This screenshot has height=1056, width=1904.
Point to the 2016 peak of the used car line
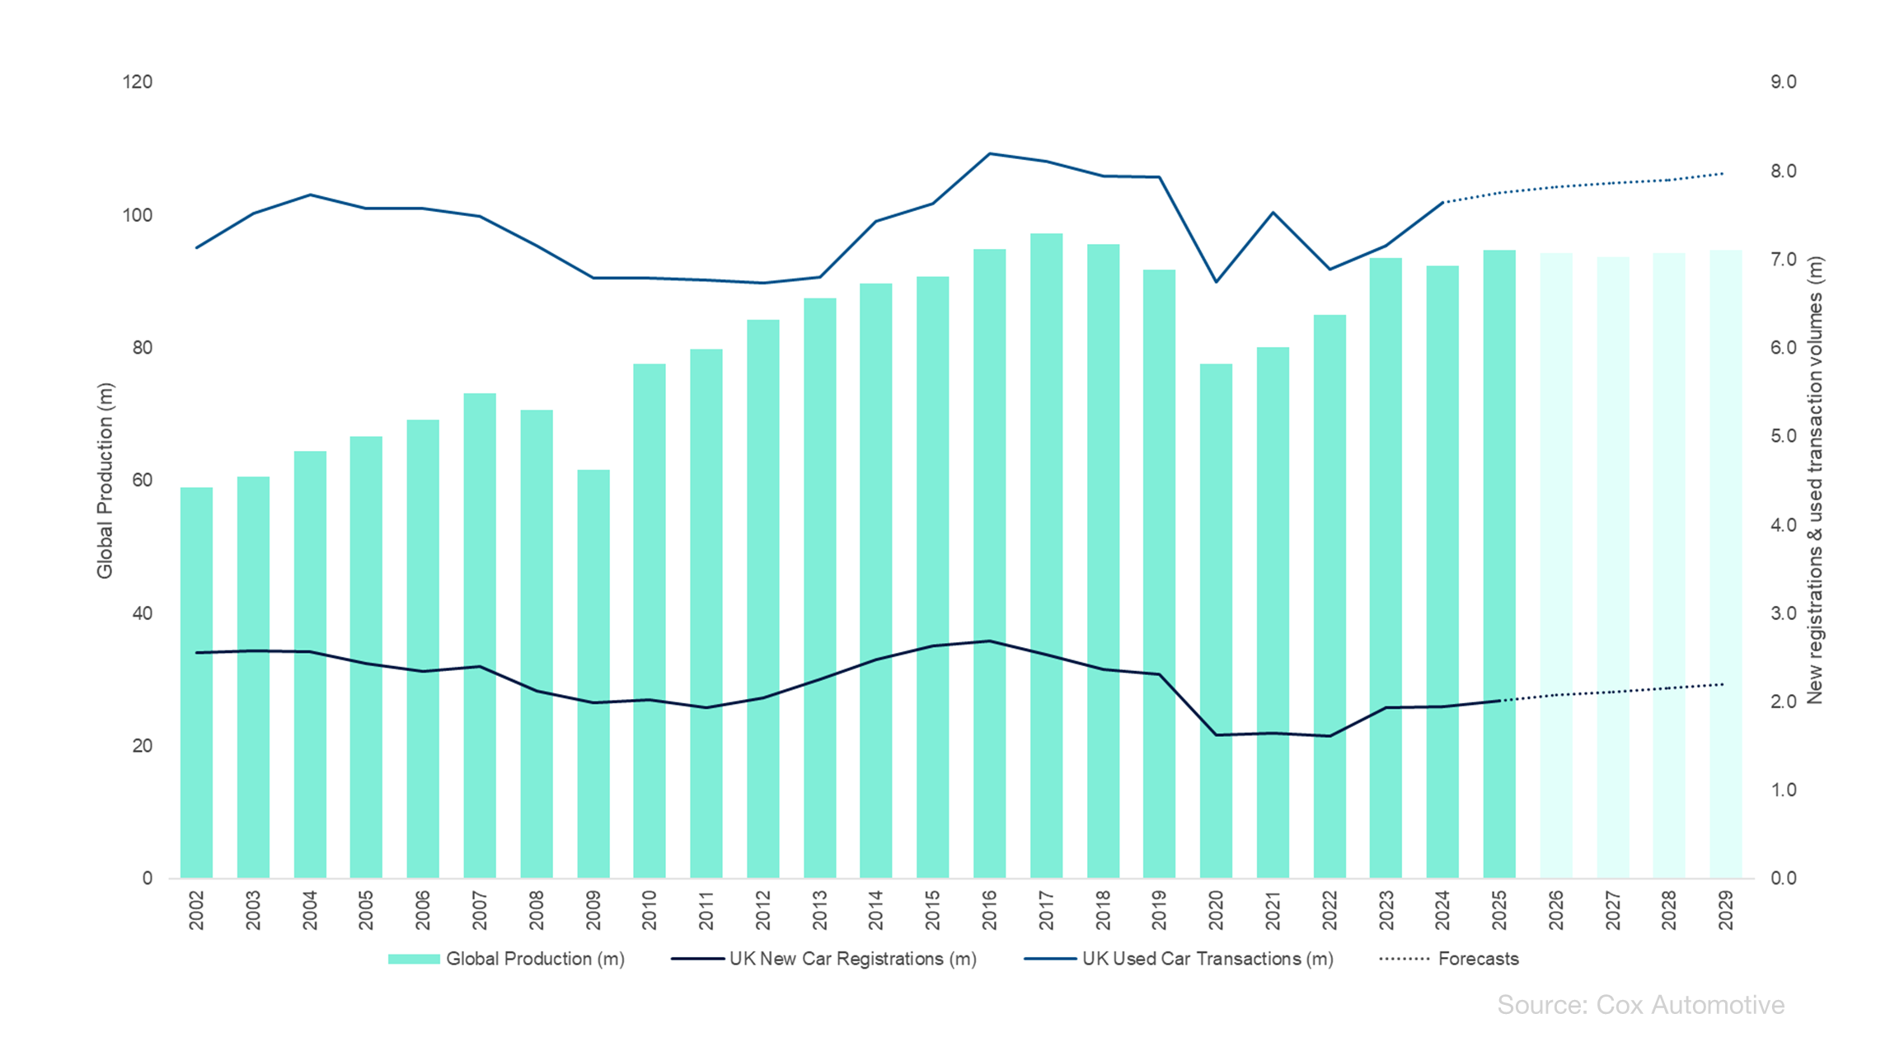pyautogui.click(x=990, y=153)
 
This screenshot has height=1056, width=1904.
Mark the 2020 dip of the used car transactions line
pyautogui.click(x=1216, y=282)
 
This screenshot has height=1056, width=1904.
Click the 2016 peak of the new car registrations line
pyautogui.click(x=990, y=641)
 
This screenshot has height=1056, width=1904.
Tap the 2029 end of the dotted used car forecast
pyautogui.click(x=1723, y=174)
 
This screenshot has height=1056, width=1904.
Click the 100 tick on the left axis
pyautogui.click(x=138, y=215)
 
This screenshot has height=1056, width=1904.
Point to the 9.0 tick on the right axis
pyautogui.click(x=1783, y=82)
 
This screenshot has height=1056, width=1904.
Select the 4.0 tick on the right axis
pyautogui.click(x=1783, y=525)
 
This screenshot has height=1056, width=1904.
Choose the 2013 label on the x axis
pyautogui.click(x=819, y=910)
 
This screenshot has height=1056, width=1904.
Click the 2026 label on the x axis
pyautogui.click(x=1555, y=910)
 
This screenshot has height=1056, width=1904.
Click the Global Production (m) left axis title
pyautogui.click(x=105, y=481)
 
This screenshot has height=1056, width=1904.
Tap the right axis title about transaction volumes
pyautogui.click(x=1814, y=481)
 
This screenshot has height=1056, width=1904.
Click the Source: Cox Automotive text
pyautogui.click(x=1640, y=1005)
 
